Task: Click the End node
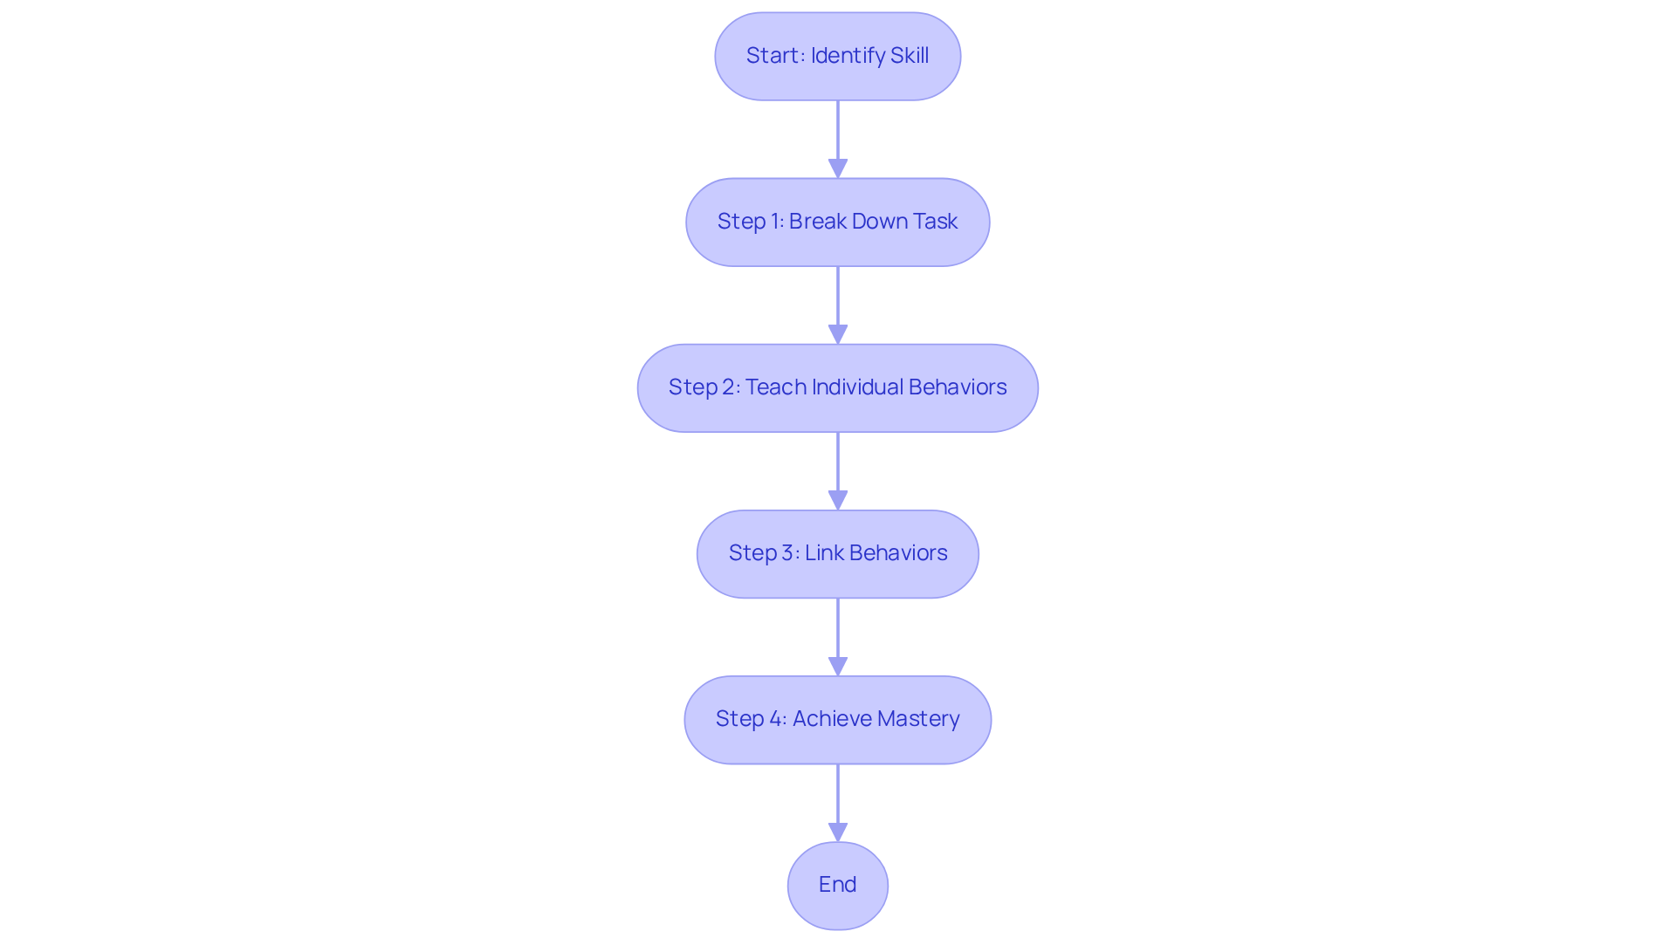(x=837, y=885)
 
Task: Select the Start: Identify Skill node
(x=837, y=56)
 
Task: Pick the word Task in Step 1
(x=936, y=222)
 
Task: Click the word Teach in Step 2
(x=775, y=387)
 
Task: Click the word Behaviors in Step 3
(x=898, y=553)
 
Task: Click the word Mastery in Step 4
(x=918, y=719)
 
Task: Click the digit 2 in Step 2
(x=729, y=387)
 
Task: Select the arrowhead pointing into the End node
(x=838, y=832)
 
